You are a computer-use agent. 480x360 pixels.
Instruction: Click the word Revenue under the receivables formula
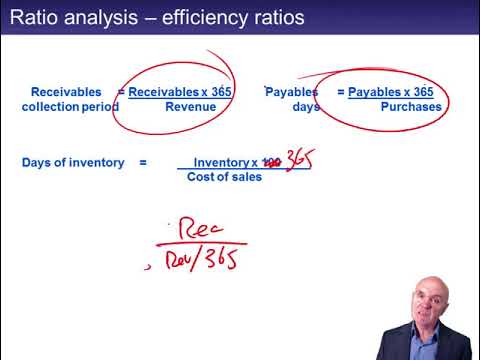click(x=190, y=107)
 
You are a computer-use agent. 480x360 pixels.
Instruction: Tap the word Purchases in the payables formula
click(x=411, y=107)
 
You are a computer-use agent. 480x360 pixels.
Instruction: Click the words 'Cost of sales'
click(x=224, y=177)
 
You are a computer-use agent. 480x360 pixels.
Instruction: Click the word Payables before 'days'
click(x=291, y=92)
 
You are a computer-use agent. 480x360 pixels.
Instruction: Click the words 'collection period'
click(x=70, y=107)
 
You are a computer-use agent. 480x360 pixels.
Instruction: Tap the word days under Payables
click(x=306, y=107)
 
